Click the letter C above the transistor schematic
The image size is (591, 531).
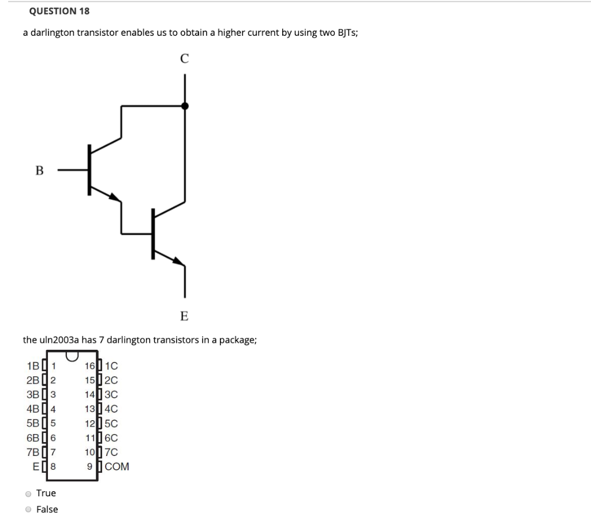[x=184, y=58]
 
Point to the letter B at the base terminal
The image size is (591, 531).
[x=39, y=170]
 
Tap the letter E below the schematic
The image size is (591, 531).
[x=184, y=316]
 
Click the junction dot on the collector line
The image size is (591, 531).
[x=185, y=106]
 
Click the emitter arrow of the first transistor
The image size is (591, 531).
[x=115, y=197]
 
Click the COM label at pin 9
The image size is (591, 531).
[x=117, y=466]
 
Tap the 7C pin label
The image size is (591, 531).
[x=111, y=452]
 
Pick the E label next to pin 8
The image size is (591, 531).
[x=36, y=466]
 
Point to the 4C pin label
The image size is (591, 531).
[x=111, y=409]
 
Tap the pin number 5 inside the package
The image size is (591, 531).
[x=53, y=423]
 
